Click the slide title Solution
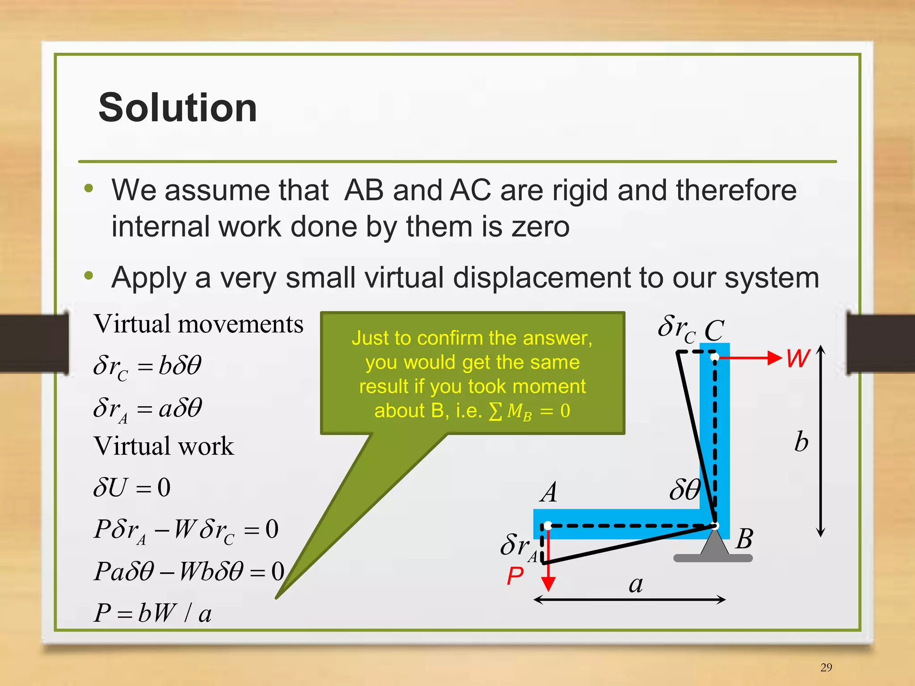pyautogui.click(x=177, y=108)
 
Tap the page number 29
pyautogui.click(x=826, y=667)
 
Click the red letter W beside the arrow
pyautogui.click(x=798, y=358)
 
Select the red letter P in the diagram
pyautogui.click(x=515, y=576)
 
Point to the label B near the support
pyautogui.click(x=744, y=539)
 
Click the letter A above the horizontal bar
pyautogui.click(x=549, y=493)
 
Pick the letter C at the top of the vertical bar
pyautogui.click(x=714, y=331)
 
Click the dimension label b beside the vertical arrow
pyautogui.click(x=801, y=442)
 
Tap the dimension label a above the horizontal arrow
pyautogui.click(x=636, y=584)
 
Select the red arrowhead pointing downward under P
pyautogui.click(x=548, y=583)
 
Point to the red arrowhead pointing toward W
pyautogui.click(x=774, y=358)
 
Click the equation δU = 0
pyautogui.click(x=132, y=487)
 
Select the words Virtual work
pyautogui.click(x=164, y=446)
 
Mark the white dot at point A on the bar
pyautogui.click(x=548, y=526)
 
